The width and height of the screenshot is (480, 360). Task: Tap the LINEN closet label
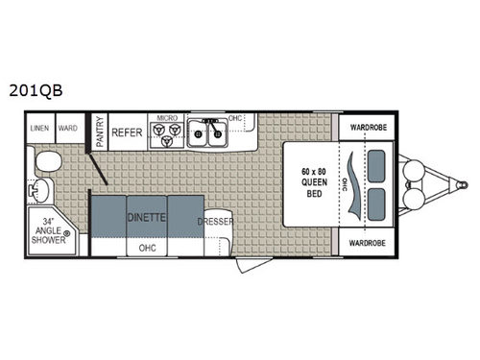(x=40, y=127)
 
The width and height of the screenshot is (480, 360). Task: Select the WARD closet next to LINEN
(x=67, y=127)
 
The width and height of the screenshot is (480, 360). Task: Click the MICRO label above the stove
(x=168, y=119)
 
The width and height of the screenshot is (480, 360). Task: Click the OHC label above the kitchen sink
(x=233, y=119)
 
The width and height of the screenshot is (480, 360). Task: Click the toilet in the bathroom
(x=49, y=158)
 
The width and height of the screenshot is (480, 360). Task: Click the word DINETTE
(x=146, y=218)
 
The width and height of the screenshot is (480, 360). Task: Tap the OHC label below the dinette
(x=147, y=247)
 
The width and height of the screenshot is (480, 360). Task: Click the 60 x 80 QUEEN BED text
(x=311, y=183)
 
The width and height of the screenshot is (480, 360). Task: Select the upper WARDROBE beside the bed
(x=367, y=126)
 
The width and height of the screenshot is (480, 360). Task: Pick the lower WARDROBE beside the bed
(x=367, y=243)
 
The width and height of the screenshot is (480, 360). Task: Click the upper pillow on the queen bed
(x=374, y=163)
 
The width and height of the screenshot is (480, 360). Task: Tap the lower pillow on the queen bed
(x=374, y=204)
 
